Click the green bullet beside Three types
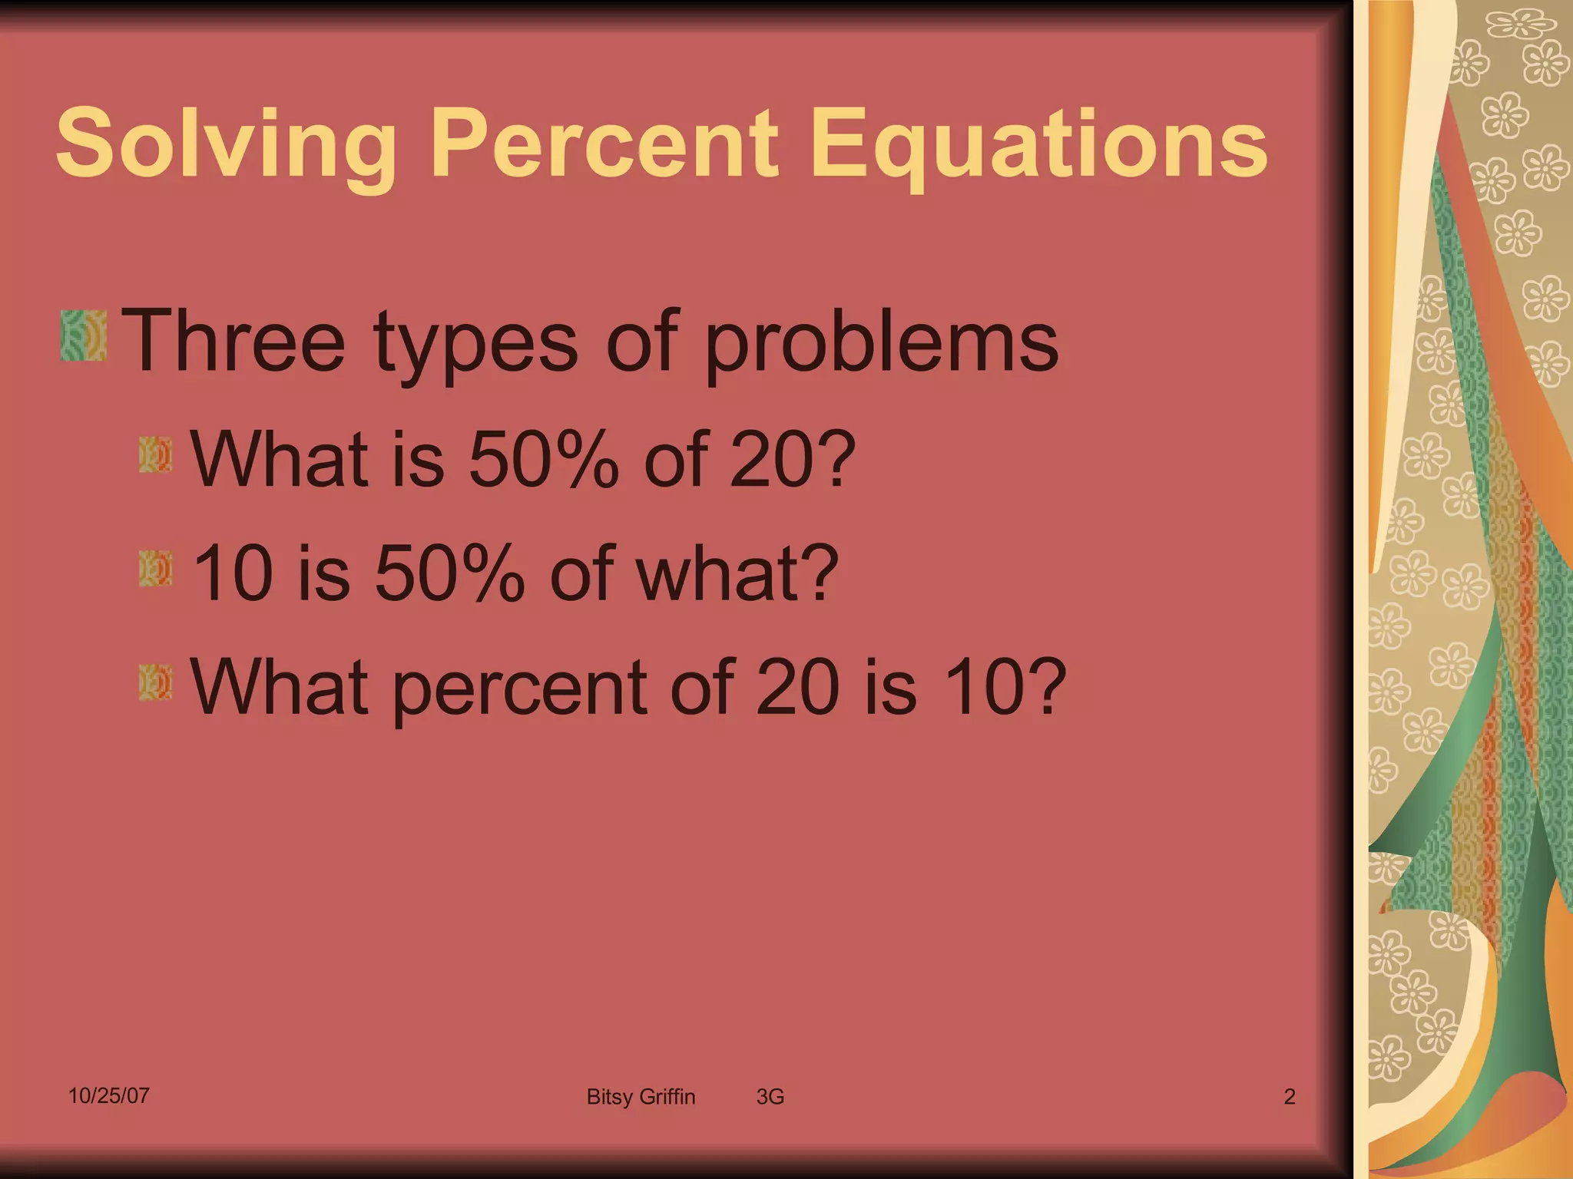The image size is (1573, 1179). click(83, 335)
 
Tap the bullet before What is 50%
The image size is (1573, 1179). click(155, 454)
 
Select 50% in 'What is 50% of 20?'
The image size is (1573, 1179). click(542, 459)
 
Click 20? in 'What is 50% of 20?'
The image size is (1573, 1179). click(792, 459)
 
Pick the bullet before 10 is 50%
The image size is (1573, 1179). click(155, 569)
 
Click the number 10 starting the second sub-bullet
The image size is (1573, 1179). click(233, 573)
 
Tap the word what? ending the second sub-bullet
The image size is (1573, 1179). click(737, 573)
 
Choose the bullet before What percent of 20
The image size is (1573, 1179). click(155, 682)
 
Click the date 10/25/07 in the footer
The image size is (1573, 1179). click(108, 1095)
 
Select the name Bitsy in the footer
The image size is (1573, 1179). click(609, 1097)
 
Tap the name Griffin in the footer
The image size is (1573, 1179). click(667, 1097)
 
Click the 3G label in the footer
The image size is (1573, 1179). click(770, 1097)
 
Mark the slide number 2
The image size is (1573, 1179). click(1290, 1097)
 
